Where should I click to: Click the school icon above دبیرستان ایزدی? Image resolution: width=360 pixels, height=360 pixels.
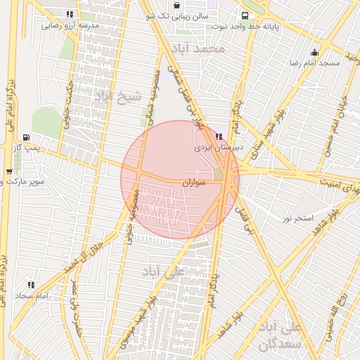[219, 136]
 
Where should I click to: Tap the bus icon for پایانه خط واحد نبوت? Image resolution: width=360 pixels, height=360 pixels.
[244, 15]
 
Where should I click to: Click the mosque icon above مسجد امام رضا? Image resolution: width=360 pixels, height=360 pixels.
[314, 52]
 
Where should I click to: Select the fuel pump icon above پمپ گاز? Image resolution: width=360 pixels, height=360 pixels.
[27, 137]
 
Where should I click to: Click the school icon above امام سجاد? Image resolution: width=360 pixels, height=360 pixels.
[31, 285]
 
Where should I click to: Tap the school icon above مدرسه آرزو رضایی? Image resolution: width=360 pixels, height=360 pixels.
[69, 14]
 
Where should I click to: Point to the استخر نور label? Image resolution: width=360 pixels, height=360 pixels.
[297, 219]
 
